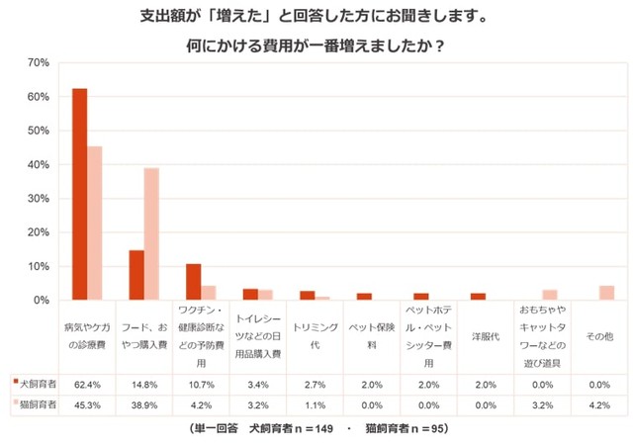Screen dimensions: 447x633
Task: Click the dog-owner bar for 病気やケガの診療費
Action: (79, 194)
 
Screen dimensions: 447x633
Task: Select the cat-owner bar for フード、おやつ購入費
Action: (151, 234)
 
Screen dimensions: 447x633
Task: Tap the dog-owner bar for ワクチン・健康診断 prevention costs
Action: (194, 282)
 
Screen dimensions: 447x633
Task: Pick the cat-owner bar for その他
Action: (606, 293)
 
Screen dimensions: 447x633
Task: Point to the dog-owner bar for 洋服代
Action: (478, 297)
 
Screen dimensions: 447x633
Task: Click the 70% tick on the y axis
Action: (39, 63)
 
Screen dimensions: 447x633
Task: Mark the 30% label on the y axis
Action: (39, 199)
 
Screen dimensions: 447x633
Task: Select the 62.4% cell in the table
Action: (86, 384)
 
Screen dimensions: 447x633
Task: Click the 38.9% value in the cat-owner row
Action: (143, 404)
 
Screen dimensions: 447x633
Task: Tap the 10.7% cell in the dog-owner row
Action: (201, 384)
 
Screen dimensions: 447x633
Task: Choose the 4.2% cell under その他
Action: (599, 404)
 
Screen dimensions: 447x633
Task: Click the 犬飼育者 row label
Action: (34, 384)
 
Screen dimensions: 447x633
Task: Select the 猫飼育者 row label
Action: (34, 404)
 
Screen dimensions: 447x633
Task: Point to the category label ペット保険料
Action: (372, 337)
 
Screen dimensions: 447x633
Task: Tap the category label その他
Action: (599, 337)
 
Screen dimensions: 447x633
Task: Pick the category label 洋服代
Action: (486, 337)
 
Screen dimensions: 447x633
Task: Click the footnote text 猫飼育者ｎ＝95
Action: (408, 429)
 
